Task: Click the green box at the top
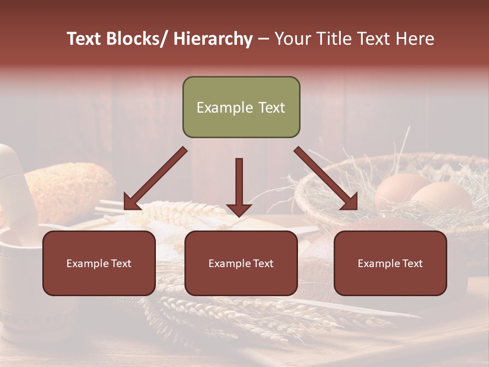(241, 107)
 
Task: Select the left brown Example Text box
(99, 263)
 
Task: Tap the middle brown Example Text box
(241, 263)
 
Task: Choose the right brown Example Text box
(390, 263)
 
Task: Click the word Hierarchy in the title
(213, 39)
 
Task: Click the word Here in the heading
(415, 39)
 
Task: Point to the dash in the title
(263, 39)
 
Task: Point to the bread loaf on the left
(71, 189)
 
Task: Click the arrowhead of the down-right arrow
(348, 201)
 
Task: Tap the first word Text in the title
(85, 39)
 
